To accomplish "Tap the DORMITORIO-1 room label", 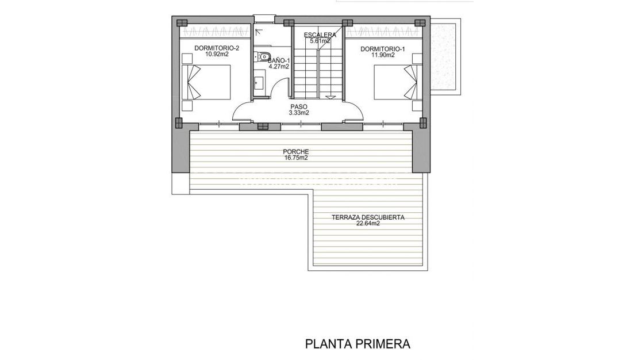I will (x=383, y=49).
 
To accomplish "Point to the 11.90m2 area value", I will (x=383, y=55).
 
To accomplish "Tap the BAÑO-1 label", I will (x=279, y=60).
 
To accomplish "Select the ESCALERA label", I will (x=320, y=34).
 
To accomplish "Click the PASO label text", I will (x=299, y=106).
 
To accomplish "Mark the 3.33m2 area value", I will (x=299, y=113).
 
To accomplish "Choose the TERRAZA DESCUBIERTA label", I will (x=368, y=217).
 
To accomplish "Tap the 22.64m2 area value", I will (x=368, y=224).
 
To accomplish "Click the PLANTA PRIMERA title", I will (x=358, y=344).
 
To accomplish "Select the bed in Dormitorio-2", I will (x=207, y=82).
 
